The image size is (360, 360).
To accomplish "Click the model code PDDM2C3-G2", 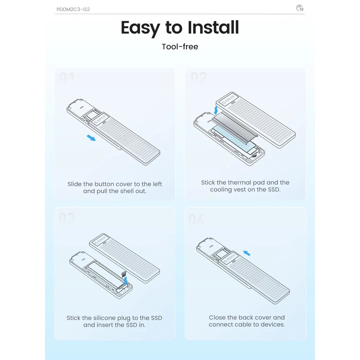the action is point(73,9).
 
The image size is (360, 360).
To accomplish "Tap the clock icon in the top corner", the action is point(300,8).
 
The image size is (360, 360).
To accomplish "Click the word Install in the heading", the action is point(213,27).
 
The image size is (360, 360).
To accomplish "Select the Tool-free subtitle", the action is point(180,47).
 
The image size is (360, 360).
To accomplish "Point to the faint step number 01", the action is point(67,78).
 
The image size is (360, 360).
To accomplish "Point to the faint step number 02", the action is point(199,77).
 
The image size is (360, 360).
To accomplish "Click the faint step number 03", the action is point(67,218).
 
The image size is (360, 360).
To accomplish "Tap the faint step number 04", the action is point(196,219).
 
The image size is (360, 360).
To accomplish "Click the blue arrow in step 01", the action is point(91,138).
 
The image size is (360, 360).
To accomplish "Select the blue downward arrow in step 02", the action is point(216,110).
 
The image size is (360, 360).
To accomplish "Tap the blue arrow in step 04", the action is point(247,253).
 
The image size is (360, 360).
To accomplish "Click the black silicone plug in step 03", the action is point(124,274).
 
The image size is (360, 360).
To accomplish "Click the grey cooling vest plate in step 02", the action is point(234,127).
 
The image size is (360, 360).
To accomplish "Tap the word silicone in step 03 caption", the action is point(104,318).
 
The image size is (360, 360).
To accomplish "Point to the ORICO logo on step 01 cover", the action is point(99,120).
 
